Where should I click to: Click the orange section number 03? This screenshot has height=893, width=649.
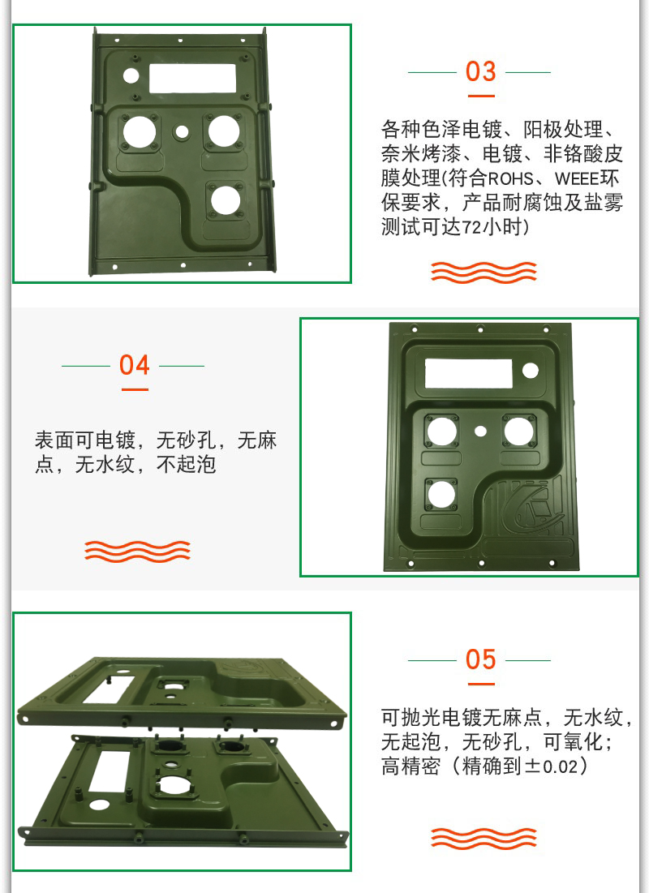[480, 71]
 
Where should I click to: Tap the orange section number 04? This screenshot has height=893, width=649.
[135, 365]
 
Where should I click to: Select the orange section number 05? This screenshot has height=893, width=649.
[480, 659]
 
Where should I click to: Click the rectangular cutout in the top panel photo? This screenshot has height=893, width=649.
[192, 79]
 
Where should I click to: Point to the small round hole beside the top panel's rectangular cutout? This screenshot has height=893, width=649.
[131, 75]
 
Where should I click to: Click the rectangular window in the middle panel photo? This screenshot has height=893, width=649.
[468, 374]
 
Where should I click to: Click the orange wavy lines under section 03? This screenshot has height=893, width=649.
[484, 273]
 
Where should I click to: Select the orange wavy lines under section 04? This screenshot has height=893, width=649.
[137, 552]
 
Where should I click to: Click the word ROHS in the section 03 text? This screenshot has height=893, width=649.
[510, 178]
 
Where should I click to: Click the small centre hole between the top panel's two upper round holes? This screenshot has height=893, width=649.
[182, 132]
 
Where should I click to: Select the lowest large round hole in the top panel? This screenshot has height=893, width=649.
[225, 200]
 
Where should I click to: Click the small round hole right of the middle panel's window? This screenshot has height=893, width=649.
[531, 371]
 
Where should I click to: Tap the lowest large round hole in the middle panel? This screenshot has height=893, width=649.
[441, 494]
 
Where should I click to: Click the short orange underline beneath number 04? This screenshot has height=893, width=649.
[135, 389]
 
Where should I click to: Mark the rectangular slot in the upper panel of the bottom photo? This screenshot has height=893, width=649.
[108, 689]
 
